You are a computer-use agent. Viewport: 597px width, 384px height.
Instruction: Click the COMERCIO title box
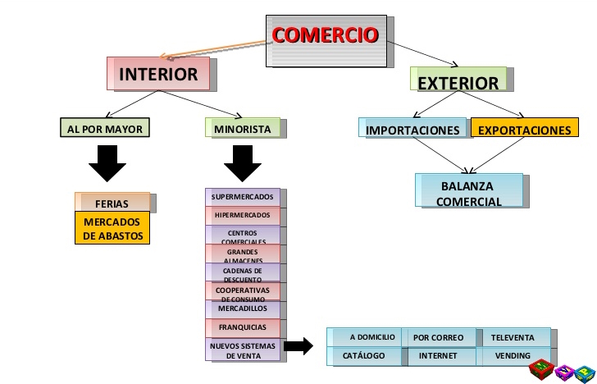point(325,36)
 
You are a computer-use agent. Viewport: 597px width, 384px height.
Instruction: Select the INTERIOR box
point(158,75)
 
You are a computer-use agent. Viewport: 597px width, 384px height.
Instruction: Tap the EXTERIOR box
point(458,81)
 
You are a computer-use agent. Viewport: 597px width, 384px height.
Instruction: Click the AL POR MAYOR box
point(106,130)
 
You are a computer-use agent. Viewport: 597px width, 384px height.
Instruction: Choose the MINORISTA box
point(242,129)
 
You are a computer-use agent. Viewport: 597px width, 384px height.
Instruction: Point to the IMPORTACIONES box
point(412,130)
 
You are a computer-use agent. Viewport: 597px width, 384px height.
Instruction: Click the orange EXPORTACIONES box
point(523,130)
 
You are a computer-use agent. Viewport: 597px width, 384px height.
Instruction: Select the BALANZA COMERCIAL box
point(469,193)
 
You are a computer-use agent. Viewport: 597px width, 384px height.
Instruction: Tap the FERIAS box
point(112,203)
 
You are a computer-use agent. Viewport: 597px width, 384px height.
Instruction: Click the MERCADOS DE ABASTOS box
point(113,229)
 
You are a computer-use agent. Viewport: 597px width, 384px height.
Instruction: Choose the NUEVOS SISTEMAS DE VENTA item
point(243,350)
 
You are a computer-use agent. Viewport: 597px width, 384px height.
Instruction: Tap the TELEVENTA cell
point(512,337)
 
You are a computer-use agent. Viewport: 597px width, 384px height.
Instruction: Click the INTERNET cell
point(438,356)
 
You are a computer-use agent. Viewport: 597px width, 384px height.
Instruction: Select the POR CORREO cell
point(438,337)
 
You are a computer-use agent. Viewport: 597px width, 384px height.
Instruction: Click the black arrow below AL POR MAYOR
point(107,162)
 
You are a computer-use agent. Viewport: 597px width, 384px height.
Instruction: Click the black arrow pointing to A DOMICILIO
point(299,346)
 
